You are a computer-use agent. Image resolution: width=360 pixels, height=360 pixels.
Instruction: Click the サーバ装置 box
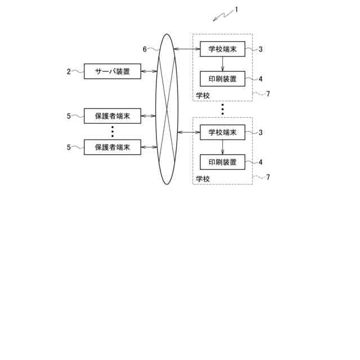point(112,71)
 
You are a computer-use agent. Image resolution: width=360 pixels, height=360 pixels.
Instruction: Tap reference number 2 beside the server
point(69,71)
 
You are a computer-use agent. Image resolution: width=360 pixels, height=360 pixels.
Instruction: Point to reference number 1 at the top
point(236,9)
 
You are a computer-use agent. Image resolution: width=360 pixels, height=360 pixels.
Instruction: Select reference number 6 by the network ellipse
point(145,49)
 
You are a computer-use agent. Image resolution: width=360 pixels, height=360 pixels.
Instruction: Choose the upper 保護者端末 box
point(112,116)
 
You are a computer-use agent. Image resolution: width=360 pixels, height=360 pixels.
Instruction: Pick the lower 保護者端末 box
point(112,147)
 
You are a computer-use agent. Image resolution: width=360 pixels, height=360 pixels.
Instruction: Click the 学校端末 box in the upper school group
point(223,49)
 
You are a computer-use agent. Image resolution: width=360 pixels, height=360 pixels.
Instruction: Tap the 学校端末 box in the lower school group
point(223,132)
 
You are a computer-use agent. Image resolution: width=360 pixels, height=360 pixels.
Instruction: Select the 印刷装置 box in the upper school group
point(223,79)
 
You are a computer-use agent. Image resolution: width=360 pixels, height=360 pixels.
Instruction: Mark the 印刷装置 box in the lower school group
point(223,162)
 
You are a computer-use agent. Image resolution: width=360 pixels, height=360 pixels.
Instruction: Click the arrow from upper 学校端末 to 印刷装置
point(223,64)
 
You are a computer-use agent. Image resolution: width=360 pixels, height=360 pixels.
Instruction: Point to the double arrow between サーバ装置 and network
point(149,71)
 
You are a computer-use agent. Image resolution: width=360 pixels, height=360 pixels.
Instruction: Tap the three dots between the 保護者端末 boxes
point(112,132)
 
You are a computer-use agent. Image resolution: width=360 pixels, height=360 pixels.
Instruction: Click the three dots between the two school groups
point(223,109)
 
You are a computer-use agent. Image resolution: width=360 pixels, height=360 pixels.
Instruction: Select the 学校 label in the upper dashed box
point(202,96)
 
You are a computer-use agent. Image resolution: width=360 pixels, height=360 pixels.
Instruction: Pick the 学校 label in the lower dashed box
point(202,179)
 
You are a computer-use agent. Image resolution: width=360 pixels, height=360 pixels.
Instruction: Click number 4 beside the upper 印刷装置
point(260,79)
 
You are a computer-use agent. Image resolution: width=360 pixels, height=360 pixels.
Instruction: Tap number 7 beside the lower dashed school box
point(268,177)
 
